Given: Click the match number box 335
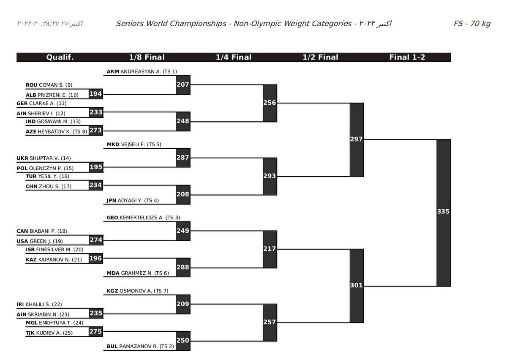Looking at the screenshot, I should point(443,212).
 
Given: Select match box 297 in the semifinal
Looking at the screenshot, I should point(357,139).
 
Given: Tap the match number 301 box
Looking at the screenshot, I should point(357,285).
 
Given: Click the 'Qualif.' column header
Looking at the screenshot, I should point(60,57).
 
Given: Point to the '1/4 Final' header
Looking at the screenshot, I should point(234,57).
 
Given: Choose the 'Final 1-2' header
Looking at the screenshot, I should point(407,57).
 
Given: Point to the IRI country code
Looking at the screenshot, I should point(20,304).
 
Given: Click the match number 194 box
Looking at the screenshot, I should point(96,94).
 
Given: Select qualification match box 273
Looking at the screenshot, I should point(96,131).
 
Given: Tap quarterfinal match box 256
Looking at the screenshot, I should point(270,103).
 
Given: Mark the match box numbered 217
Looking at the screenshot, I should point(270,249).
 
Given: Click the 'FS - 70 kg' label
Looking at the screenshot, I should point(472,24).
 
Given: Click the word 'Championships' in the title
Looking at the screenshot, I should point(200,24).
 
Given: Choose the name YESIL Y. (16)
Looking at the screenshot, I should point(54,176).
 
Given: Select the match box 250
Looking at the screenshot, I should point(183,341).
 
